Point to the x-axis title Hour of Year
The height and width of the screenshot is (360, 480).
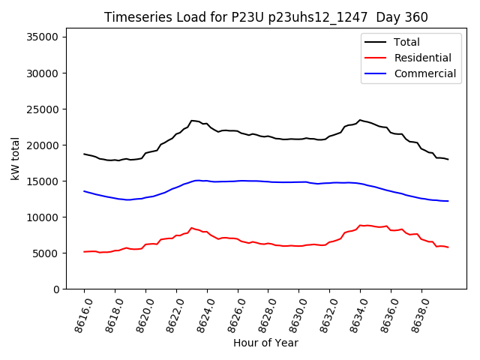point(265,343)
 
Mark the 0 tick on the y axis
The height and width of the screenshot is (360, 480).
point(57,289)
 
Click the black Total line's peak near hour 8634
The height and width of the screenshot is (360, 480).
point(360,120)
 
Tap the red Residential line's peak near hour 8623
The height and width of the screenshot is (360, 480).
point(191,228)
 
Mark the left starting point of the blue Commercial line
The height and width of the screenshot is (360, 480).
point(84,191)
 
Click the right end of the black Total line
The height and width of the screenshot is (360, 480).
point(448,159)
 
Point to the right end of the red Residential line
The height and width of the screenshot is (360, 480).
point(448,247)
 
